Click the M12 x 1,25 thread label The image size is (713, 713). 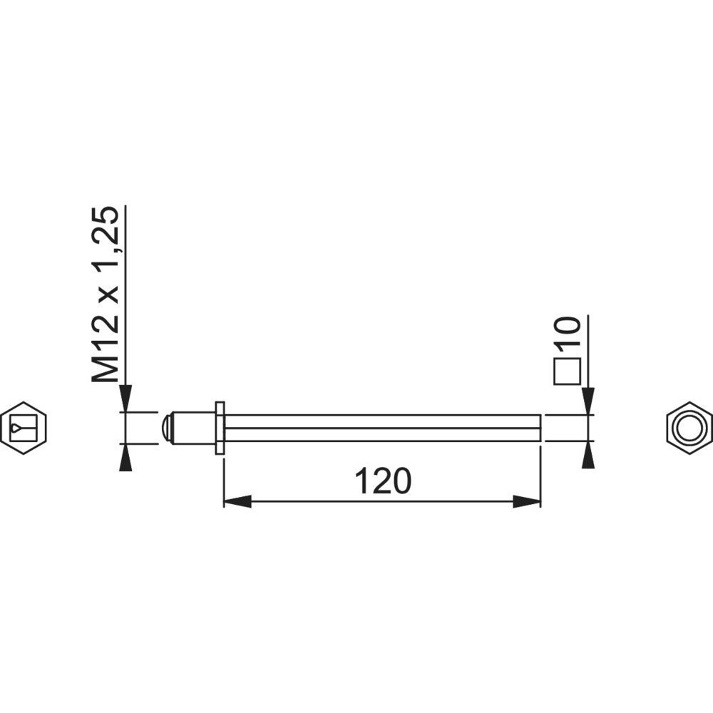[x=105, y=294]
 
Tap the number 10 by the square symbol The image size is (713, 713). [x=568, y=333]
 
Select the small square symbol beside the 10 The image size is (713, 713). [x=568, y=371]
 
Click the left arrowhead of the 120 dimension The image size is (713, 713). [x=237, y=501]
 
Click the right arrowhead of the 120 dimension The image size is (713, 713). [x=527, y=501]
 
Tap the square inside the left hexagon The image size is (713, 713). [x=24, y=428]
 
